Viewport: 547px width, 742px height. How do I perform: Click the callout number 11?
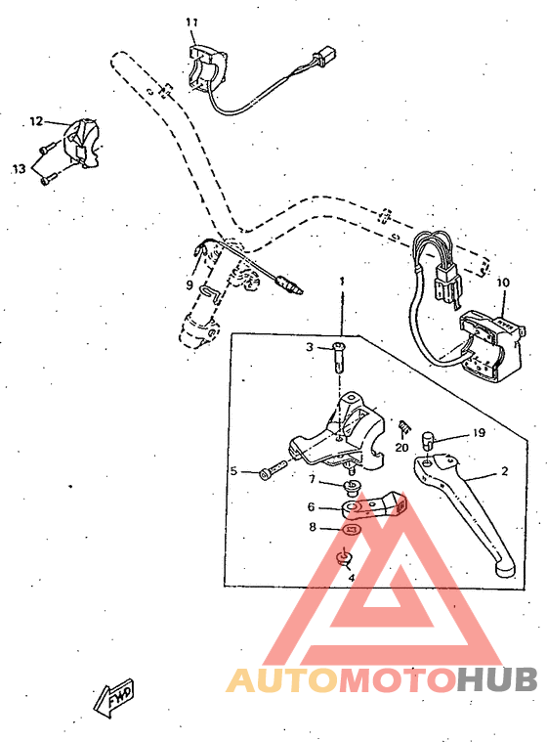tap(191, 22)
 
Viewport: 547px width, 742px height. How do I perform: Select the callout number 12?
tap(36, 121)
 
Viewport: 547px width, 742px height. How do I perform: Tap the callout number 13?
tap(19, 169)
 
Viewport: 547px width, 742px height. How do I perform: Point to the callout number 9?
tap(189, 285)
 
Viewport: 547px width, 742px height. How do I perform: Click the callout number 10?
tap(503, 284)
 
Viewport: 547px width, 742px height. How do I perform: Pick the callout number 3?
tap(309, 347)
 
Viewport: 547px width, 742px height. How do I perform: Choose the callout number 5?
tap(234, 471)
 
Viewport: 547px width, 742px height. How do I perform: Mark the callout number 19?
tap(480, 431)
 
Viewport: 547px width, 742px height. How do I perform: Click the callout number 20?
tap(401, 447)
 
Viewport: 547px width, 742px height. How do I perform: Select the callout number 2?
tap(504, 471)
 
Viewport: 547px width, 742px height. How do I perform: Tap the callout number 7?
tap(312, 480)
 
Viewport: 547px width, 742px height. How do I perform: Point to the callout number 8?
tap(312, 527)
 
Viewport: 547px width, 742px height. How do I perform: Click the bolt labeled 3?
tap(339, 357)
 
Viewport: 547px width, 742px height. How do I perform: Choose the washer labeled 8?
tap(352, 529)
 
